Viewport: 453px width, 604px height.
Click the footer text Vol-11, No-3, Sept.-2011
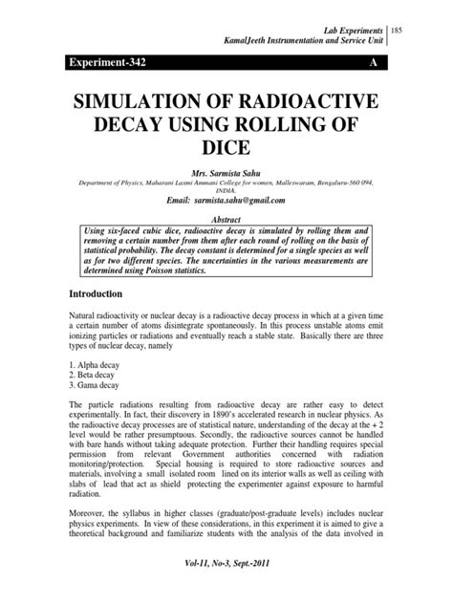(226, 593)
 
